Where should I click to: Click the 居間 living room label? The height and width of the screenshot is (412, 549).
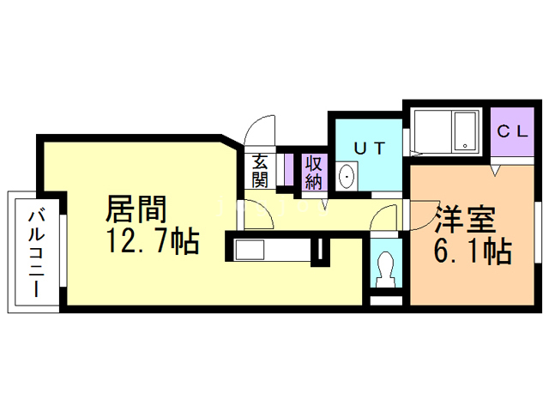(135, 209)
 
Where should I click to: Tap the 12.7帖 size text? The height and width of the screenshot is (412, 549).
(153, 242)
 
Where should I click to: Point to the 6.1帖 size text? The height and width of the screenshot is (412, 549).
(471, 251)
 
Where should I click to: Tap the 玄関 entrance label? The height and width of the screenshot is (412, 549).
(260, 169)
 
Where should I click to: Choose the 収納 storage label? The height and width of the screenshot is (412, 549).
(313, 171)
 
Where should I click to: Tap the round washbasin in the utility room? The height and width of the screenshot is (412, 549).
(347, 177)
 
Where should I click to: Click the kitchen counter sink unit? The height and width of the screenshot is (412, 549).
(270, 251)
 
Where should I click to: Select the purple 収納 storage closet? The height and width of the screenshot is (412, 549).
(313, 172)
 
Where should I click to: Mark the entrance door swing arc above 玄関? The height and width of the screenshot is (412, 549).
(259, 133)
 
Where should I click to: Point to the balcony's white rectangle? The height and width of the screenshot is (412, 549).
(32, 252)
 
